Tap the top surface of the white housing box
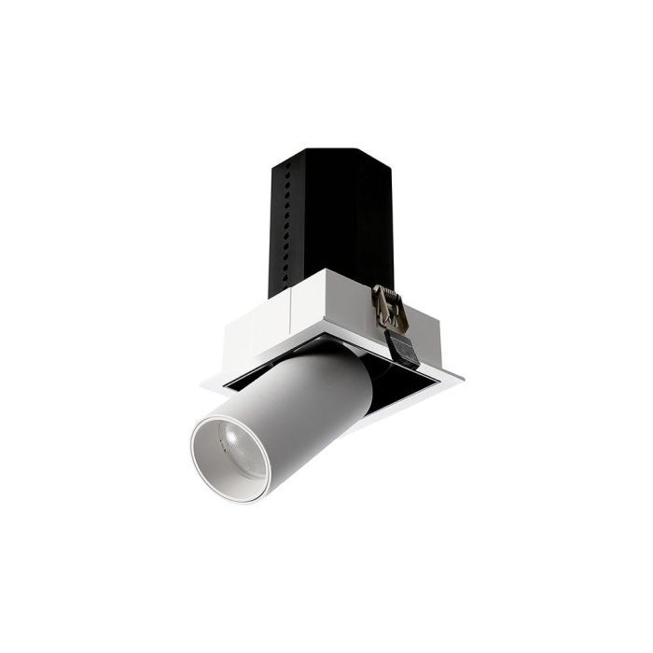click(317, 280)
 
